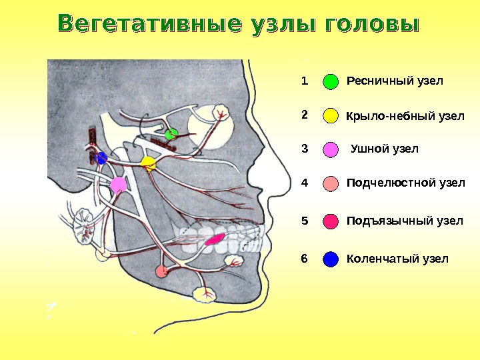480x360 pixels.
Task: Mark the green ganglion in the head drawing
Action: [172, 133]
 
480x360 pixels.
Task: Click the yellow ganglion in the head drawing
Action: [148, 163]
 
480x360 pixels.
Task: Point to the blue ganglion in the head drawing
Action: [101, 159]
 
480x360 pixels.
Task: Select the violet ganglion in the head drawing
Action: [118, 184]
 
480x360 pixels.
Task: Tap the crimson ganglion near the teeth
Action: [215, 238]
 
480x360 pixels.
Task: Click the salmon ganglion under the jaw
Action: [161, 271]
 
